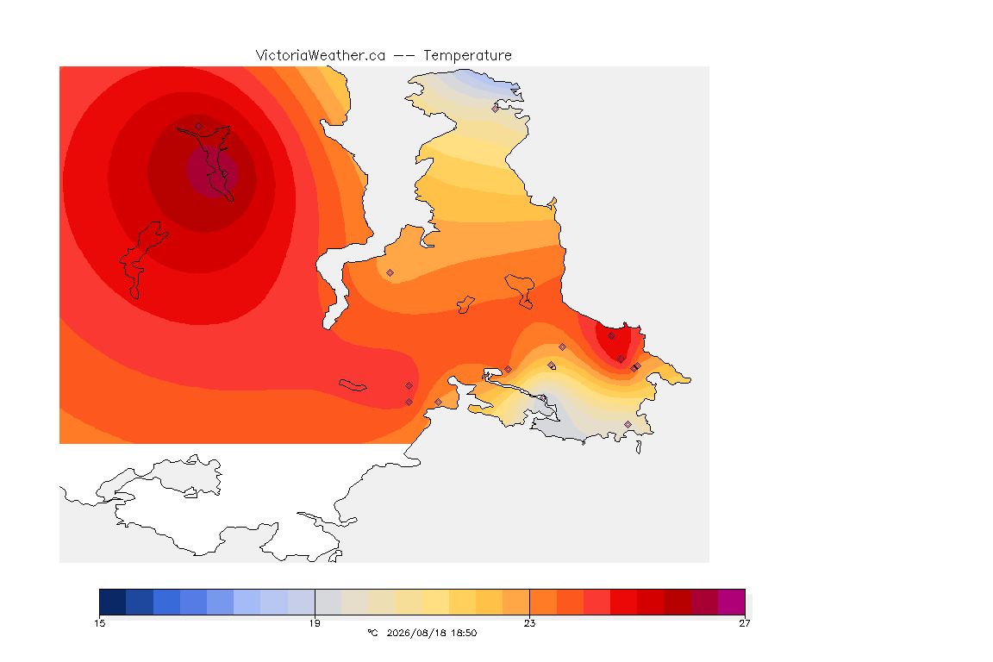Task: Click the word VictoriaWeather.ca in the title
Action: pyautogui.click(x=321, y=56)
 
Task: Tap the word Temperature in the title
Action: pyautogui.click(x=467, y=56)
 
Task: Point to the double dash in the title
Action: pyautogui.click(x=404, y=56)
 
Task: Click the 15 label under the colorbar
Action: pyautogui.click(x=99, y=623)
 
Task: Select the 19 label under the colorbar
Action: pyautogui.click(x=315, y=623)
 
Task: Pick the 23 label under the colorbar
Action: pyautogui.click(x=529, y=623)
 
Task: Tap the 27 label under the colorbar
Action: pyautogui.click(x=745, y=623)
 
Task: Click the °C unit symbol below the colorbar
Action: pyautogui.click(x=372, y=633)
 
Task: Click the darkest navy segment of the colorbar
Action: pyautogui.click(x=113, y=602)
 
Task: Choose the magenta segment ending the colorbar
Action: pyautogui.click(x=732, y=602)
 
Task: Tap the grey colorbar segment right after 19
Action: pyautogui.click(x=328, y=602)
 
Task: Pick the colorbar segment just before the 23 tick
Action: pyautogui.click(x=516, y=602)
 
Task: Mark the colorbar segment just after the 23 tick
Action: pyautogui.click(x=543, y=602)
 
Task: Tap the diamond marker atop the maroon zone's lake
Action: pyautogui.click(x=199, y=127)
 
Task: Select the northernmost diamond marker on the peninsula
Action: pyautogui.click(x=496, y=109)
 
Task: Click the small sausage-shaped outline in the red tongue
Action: pyautogui.click(x=353, y=385)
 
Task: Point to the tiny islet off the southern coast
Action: pyautogui.click(x=639, y=447)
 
